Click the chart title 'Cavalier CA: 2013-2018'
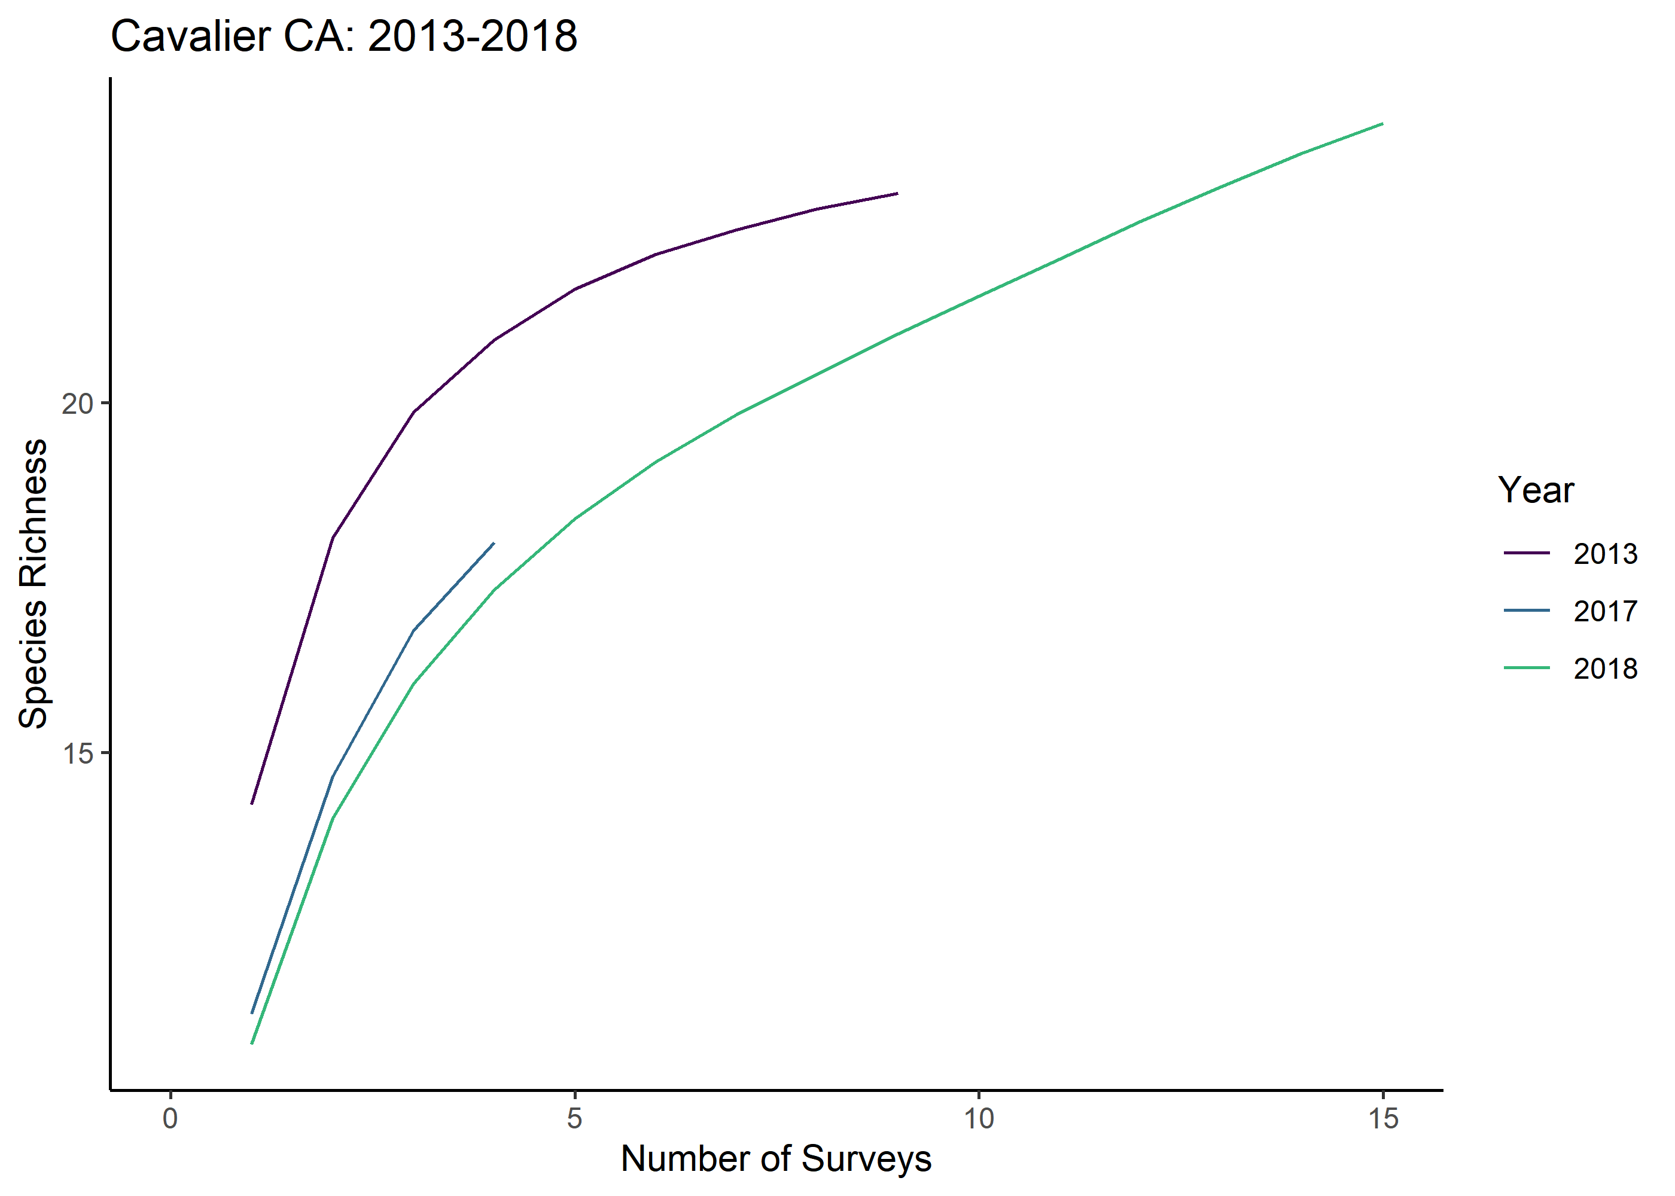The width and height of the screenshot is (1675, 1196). pos(343,35)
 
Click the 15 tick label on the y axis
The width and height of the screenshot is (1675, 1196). pos(77,753)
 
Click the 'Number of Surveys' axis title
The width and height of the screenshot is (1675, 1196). pos(776,1159)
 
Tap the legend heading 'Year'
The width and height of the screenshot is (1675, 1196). pos(1535,490)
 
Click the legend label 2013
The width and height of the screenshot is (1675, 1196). pos(1605,554)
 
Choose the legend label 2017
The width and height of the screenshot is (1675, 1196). pos(1605,611)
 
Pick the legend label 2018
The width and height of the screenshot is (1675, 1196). pos(1605,669)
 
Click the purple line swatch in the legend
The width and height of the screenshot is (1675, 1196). pos(1526,553)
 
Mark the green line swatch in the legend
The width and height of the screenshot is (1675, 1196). pos(1526,668)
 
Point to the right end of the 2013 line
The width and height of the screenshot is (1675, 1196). pos(897,194)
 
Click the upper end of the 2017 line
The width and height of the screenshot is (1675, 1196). pos(494,544)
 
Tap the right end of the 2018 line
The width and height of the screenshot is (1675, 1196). pos(1382,124)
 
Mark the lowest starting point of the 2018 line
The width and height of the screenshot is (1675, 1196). pos(252,1044)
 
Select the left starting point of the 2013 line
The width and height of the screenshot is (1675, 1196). pos(252,804)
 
